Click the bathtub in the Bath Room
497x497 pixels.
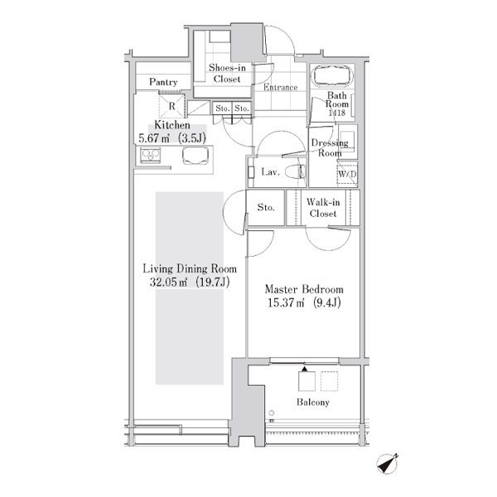click(x=332, y=75)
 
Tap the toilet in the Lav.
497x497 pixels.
click(x=296, y=172)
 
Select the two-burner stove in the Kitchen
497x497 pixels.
click(x=151, y=156)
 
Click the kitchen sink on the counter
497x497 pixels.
click(x=195, y=156)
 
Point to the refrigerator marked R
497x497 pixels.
click(x=171, y=106)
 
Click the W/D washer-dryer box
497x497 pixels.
click(x=347, y=173)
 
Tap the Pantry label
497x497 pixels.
click(x=163, y=82)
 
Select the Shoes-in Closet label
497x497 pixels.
click(x=227, y=73)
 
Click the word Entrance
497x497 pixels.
click(x=281, y=87)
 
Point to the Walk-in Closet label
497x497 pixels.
click(x=323, y=208)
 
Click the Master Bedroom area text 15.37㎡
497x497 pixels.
click(x=286, y=303)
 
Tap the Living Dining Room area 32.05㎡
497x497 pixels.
click(x=168, y=282)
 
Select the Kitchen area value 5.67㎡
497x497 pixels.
click(x=154, y=138)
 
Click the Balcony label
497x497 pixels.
click(x=313, y=403)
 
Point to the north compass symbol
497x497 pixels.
click(x=388, y=464)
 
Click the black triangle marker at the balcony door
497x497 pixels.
click(x=304, y=369)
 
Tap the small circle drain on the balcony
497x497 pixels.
click(x=272, y=413)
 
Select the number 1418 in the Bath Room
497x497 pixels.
click(x=336, y=113)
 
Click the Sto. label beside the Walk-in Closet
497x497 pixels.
click(x=266, y=207)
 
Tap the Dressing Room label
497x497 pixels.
click(x=330, y=148)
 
